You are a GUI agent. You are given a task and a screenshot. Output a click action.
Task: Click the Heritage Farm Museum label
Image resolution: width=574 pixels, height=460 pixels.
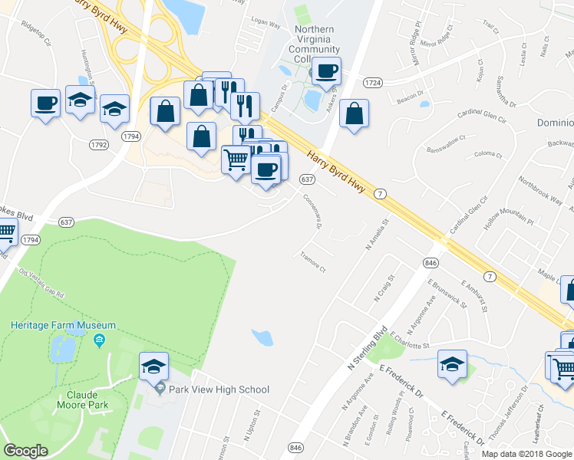[x=63, y=326]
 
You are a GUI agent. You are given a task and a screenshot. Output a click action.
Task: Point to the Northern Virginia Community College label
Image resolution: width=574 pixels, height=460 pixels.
[x=315, y=44]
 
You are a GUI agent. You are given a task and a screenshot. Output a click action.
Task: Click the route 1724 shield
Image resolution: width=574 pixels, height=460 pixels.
[x=373, y=82]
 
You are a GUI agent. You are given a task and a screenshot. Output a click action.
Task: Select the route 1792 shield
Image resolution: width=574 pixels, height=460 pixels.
[x=98, y=144]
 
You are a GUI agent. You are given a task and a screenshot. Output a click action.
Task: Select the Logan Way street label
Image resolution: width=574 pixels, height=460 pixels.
[x=265, y=25]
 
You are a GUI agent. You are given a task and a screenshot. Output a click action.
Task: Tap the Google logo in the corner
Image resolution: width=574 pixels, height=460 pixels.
[x=26, y=451]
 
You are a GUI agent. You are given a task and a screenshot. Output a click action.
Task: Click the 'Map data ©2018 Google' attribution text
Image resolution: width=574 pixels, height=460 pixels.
[x=527, y=454]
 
